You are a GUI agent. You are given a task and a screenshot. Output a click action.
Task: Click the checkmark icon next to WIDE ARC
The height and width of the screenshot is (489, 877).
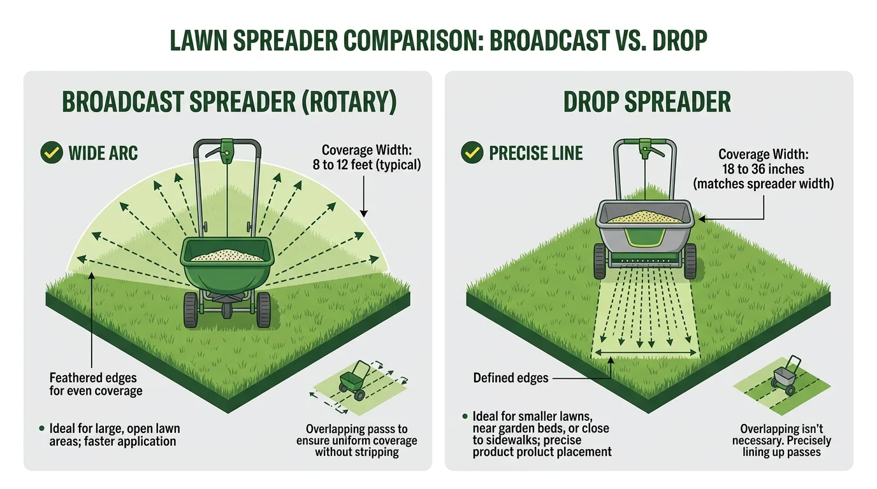coord(51,153)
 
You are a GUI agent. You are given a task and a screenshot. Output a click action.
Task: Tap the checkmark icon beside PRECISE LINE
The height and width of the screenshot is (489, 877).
coord(472,153)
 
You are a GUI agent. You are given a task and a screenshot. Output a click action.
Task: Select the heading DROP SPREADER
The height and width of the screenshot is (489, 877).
coord(647,103)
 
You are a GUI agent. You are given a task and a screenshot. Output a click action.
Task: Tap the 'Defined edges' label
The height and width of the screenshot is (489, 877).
coord(511,378)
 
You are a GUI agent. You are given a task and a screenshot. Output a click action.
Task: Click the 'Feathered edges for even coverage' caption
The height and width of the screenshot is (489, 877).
coord(96,385)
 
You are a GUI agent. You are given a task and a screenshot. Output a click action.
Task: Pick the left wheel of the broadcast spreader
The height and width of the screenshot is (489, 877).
coord(191,310)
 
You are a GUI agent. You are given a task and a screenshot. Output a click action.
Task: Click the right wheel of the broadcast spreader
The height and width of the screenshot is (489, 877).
coord(263,310)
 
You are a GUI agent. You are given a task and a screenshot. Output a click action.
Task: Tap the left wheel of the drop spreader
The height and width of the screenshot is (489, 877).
coord(599,262)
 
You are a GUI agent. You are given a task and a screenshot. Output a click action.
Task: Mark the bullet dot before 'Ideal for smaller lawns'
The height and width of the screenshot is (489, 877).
coord(465,416)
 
